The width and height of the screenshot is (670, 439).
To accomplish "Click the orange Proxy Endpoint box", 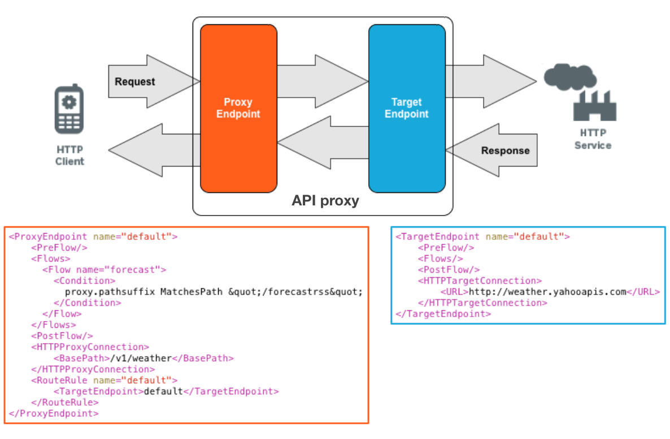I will coord(238,108).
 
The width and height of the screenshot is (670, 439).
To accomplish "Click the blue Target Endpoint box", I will coord(406,108).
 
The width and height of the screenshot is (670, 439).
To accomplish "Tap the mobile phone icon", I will coord(69,109).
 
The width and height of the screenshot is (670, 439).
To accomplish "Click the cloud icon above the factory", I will coord(569,76).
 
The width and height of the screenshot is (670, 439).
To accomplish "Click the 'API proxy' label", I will coord(325,201).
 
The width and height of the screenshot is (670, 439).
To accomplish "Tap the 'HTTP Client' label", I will coord(69,156).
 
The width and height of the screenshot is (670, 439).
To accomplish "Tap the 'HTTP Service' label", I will coord(593,139).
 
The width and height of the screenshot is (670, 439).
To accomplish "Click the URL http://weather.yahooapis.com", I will coord(547,292).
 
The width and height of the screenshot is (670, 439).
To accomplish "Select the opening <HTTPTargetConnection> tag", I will coord(480,280).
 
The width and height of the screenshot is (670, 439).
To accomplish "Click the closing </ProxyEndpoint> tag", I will coord(54,413).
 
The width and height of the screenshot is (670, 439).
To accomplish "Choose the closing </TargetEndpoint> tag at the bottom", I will coord(443,314).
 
